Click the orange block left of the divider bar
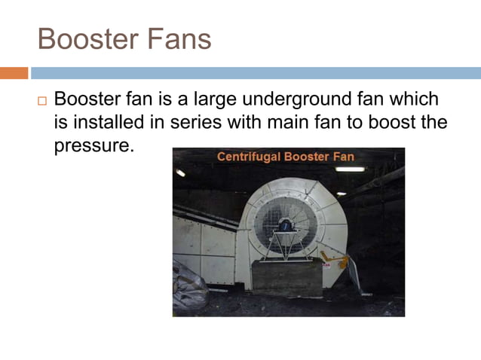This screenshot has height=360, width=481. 14,73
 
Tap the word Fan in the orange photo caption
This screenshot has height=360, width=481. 341,157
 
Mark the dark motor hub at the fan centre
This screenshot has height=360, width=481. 284,224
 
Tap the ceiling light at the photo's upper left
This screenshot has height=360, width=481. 180,173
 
